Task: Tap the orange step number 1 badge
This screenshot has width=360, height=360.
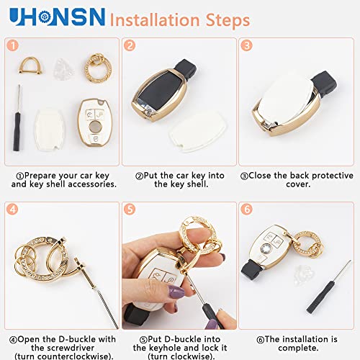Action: pos(12,46)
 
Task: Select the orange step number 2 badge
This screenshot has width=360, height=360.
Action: pos(130,46)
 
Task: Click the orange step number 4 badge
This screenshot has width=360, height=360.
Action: pos(12,210)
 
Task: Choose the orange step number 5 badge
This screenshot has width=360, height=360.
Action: pos(130,210)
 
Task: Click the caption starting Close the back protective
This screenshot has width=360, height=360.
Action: pos(297,179)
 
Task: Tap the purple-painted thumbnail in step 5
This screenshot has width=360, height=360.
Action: pos(175,292)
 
